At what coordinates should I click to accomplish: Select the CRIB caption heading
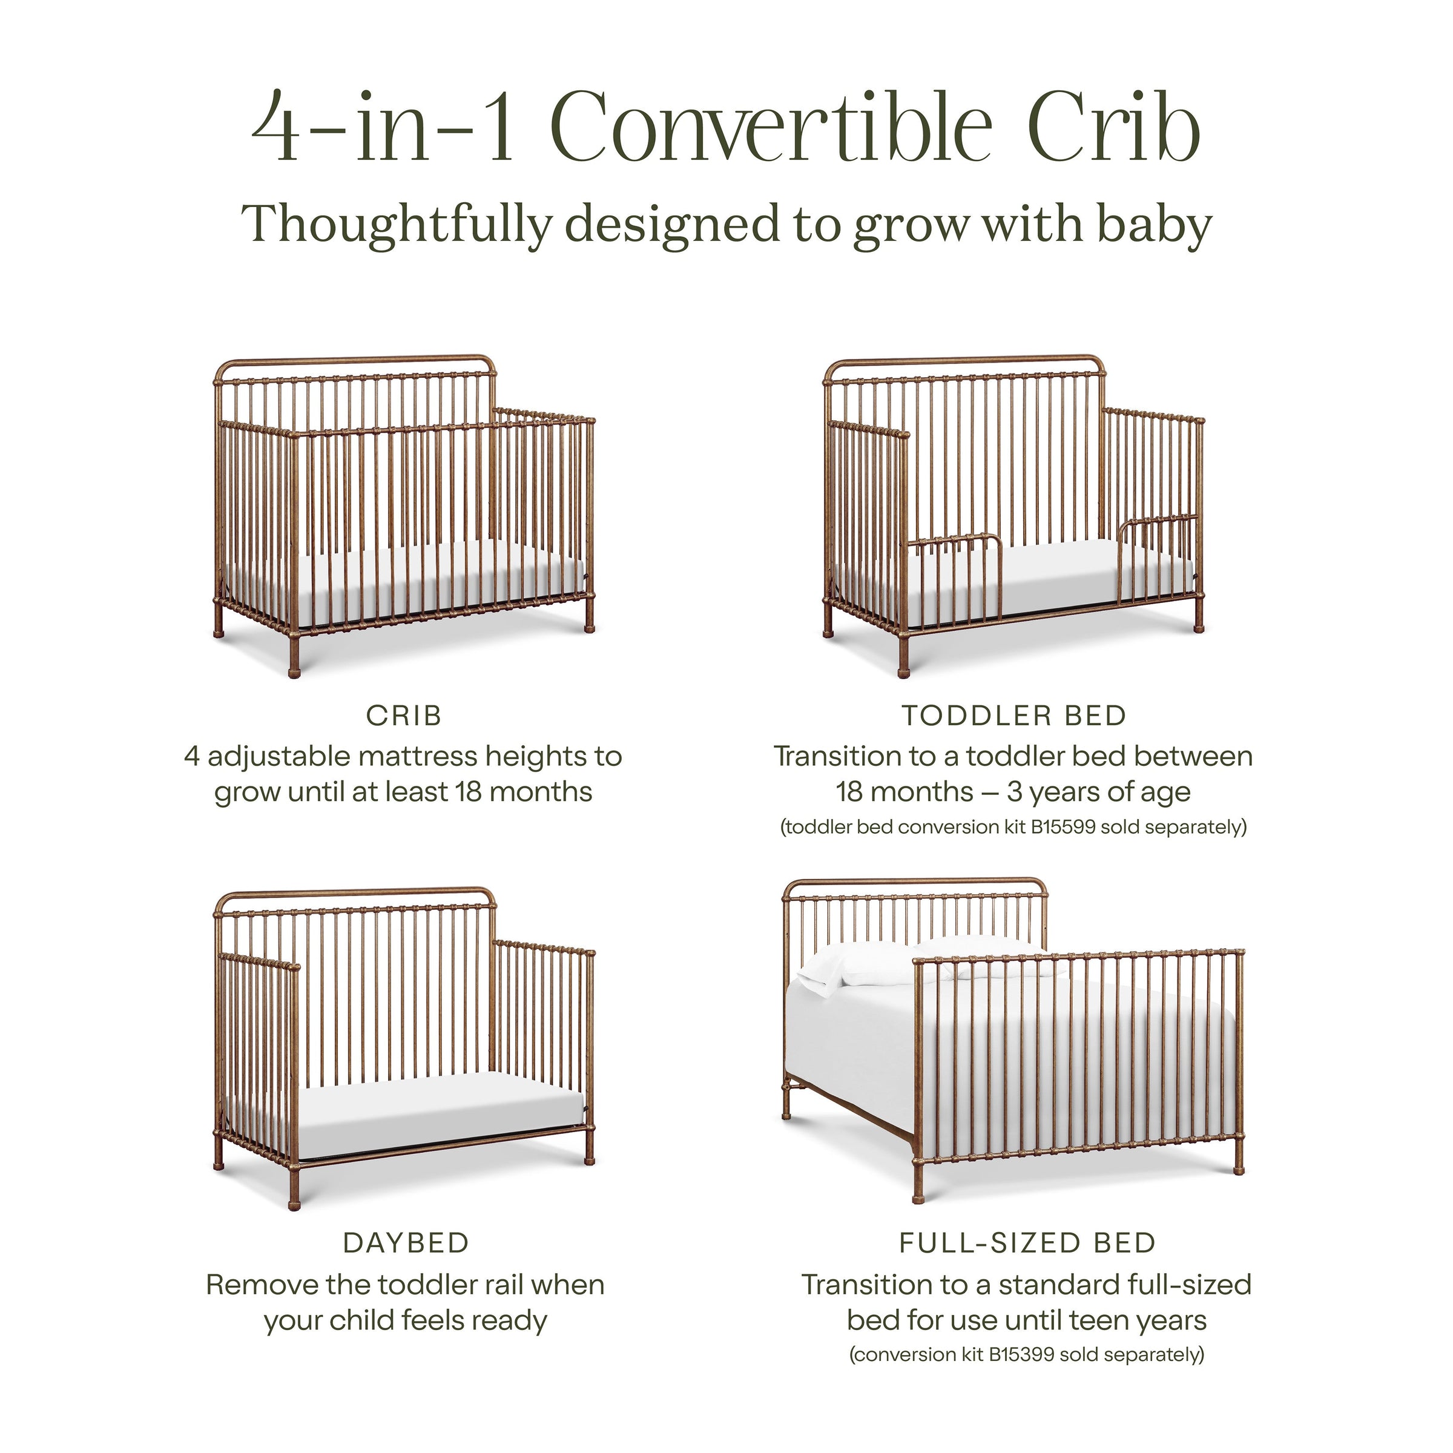click(x=404, y=716)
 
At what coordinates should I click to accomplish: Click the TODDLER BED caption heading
click(x=1014, y=716)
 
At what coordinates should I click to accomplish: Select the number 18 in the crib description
click(x=470, y=792)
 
